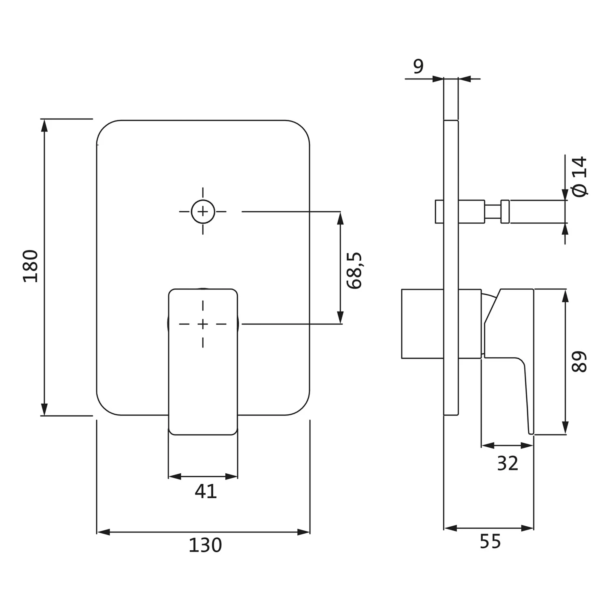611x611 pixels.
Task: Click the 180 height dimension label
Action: [x=31, y=266]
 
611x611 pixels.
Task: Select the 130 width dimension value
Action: [x=205, y=545]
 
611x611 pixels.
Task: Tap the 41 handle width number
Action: [x=205, y=492]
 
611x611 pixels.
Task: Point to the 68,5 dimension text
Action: [x=354, y=270]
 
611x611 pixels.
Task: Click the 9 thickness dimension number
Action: [x=418, y=66]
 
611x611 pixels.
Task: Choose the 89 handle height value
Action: [x=579, y=361]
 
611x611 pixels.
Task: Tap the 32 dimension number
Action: [x=507, y=464]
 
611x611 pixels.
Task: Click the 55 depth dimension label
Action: [x=490, y=542]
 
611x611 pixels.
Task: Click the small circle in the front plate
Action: [x=203, y=212]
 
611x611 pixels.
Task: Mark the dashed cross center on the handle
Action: [x=203, y=324]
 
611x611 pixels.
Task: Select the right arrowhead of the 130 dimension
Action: [x=305, y=532]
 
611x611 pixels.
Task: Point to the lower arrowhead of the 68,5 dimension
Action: [x=341, y=318]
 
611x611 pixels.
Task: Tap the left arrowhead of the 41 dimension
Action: [x=174, y=477]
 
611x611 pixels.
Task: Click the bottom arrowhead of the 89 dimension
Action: [x=565, y=429]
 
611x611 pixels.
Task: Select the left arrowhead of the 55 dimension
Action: [x=449, y=528]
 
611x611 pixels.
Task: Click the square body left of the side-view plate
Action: [x=422, y=324]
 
